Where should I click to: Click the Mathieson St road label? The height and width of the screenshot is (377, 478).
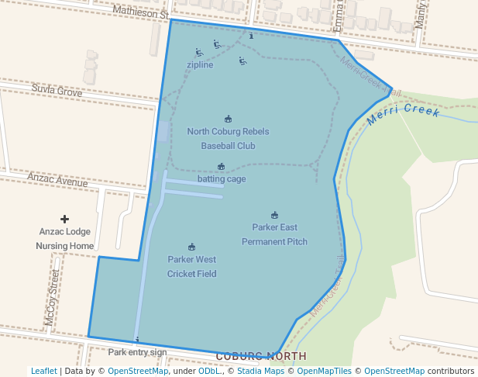[140, 12]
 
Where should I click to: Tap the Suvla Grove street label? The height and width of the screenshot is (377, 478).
[57, 91]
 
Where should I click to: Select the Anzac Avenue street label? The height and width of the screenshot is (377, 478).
[57, 179]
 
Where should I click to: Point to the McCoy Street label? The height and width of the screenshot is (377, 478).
[52, 296]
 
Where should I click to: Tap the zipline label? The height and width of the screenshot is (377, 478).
[200, 64]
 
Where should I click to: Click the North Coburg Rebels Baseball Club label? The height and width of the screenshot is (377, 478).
[228, 138]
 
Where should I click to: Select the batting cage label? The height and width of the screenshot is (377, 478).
[222, 179]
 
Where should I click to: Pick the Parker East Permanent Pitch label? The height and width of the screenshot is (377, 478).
[274, 234]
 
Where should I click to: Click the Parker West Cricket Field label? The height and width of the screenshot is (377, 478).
[191, 266]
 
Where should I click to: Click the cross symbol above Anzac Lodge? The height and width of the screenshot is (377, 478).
[64, 220]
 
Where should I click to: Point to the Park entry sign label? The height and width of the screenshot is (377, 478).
[137, 352]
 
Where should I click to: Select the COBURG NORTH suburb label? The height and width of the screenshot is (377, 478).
[261, 356]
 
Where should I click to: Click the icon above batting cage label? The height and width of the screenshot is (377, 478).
[222, 167]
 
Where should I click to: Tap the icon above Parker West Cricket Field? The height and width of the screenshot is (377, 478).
[191, 247]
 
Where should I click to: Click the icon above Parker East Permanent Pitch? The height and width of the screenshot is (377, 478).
[274, 215]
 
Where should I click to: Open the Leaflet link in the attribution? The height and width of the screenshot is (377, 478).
[43, 371]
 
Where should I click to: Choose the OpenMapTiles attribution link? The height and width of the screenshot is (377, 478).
[326, 371]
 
